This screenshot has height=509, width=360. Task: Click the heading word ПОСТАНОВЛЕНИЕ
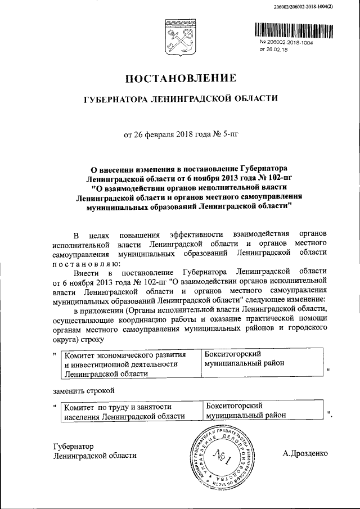tap(180, 78)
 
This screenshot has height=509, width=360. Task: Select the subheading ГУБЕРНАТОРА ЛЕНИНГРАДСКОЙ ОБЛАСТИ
tap(180, 99)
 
